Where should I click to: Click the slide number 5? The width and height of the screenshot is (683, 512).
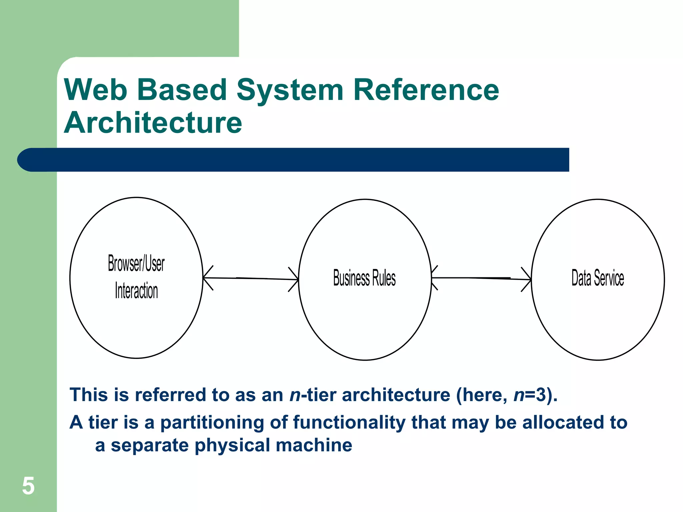pyautogui.click(x=28, y=486)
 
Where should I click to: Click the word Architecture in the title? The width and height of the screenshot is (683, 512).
pyautogui.click(x=153, y=123)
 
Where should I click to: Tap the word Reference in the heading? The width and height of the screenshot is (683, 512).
pyautogui.click(x=426, y=90)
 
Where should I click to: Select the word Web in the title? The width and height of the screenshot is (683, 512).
pyautogui.click(x=96, y=90)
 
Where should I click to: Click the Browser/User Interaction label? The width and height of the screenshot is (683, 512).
pyautogui.click(x=136, y=277)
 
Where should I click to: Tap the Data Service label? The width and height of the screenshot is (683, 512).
pyautogui.click(x=597, y=278)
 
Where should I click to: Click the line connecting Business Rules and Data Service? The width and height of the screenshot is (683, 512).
pyautogui.click(x=480, y=278)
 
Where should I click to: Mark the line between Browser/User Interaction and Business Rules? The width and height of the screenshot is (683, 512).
pyautogui.click(x=250, y=278)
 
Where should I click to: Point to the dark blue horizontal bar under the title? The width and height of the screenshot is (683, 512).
pyautogui.click(x=300, y=160)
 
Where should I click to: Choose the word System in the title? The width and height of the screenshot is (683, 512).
pyautogui.click(x=290, y=90)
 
